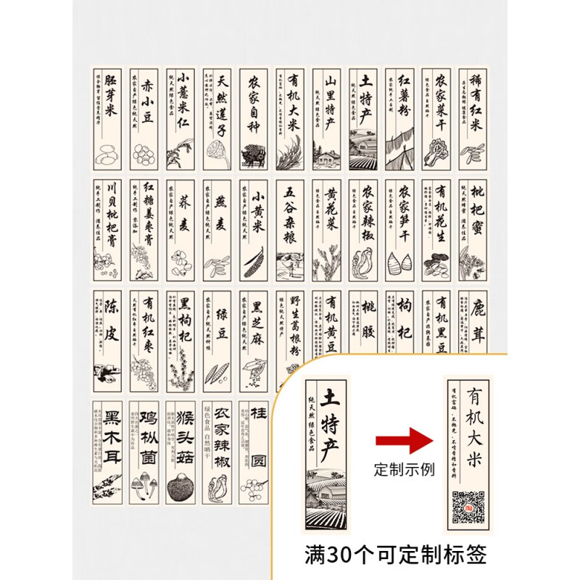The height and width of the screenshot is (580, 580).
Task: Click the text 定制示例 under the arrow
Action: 404,469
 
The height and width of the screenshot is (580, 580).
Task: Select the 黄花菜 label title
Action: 331,215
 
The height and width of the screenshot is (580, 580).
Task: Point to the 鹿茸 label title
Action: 477,323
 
